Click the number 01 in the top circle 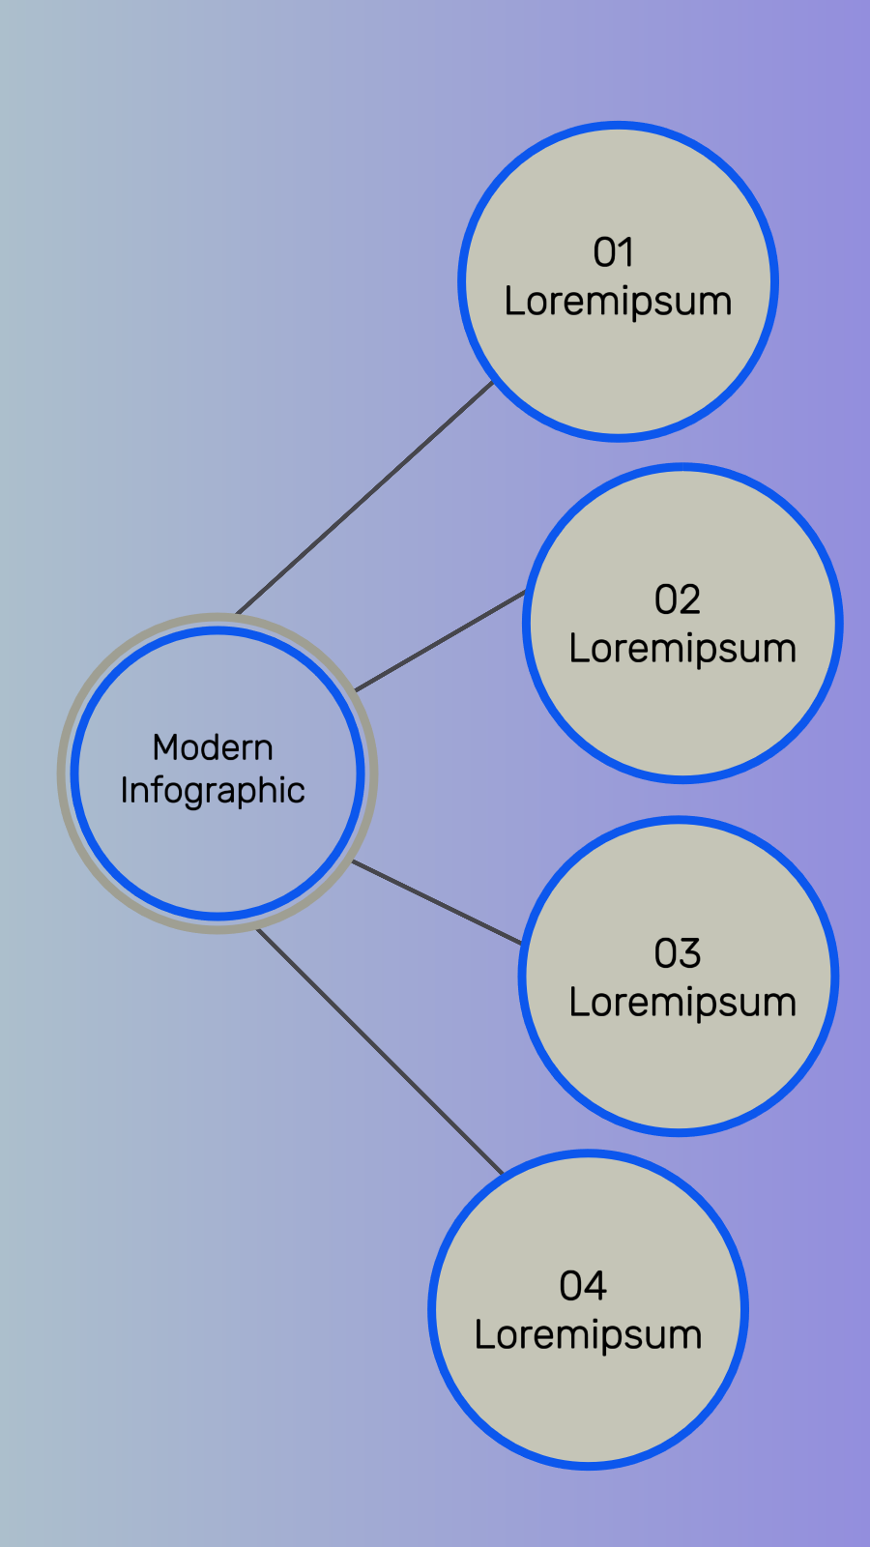tap(614, 253)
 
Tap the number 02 tap(677, 600)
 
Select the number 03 tap(677, 954)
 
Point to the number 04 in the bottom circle tap(583, 1287)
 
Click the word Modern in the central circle tap(213, 747)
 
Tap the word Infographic tap(213, 791)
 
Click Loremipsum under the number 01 tap(618, 302)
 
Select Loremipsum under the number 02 tap(682, 649)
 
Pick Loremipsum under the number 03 tap(682, 1003)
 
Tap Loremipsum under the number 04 tap(588, 1335)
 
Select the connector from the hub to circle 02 tap(441, 640)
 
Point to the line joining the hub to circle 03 tap(437, 902)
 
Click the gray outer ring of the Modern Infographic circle tap(62, 773)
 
